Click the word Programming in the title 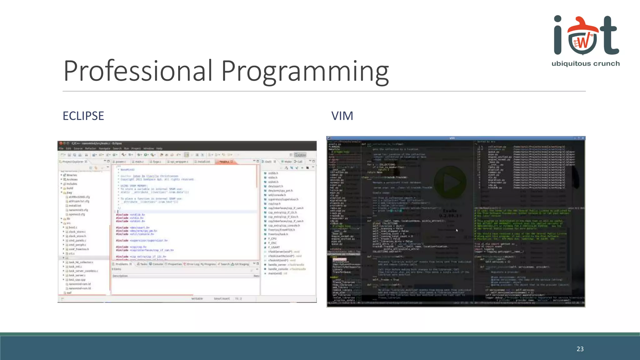coord(305,71)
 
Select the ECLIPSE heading coord(83,116)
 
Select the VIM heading coord(342,116)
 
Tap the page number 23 coord(580,349)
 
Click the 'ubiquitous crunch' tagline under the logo coord(585,64)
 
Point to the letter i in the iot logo coord(558,36)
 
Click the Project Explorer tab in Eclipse coord(73,162)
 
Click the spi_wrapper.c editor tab coord(179,162)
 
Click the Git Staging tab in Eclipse coord(241,264)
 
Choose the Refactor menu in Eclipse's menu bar coord(90,148)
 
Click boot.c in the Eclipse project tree coord(73,227)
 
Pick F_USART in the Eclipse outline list coord(274,247)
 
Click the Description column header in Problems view coord(120,276)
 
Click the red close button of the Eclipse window coord(61,143)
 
